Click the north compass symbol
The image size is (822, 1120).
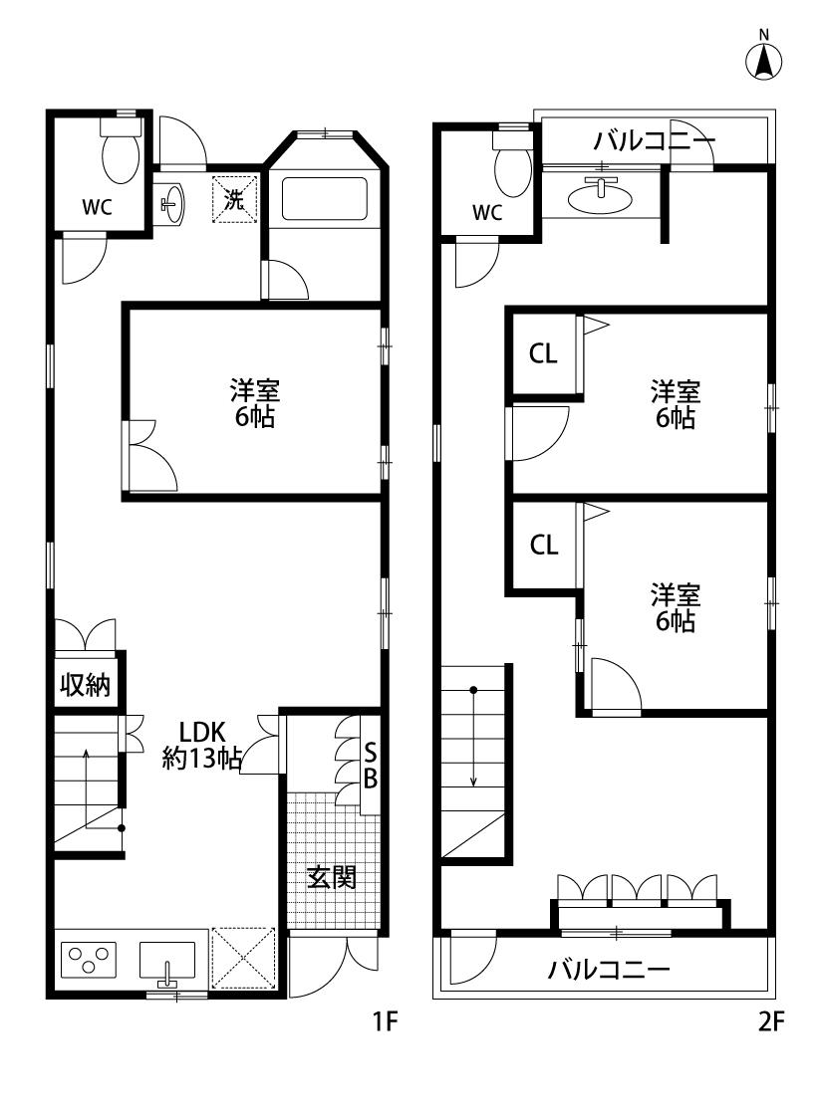pyautogui.click(x=763, y=56)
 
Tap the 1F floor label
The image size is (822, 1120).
pyautogui.click(x=384, y=1022)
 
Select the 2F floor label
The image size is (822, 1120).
pyautogui.click(x=770, y=1022)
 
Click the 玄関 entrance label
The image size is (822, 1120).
pyautogui.click(x=332, y=876)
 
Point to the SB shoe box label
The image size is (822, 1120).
pyautogui.click(x=371, y=765)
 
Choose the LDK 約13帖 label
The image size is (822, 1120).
pyautogui.click(x=201, y=745)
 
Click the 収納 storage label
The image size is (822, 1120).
pyautogui.click(x=85, y=685)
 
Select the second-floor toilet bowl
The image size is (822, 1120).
pyautogui.click(x=512, y=165)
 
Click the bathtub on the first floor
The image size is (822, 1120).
pyautogui.click(x=325, y=198)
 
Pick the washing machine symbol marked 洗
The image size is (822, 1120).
pyautogui.click(x=234, y=199)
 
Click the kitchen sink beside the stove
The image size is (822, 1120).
pyautogui.click(x=166, y=962)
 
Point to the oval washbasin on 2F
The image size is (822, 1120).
pyautogui.click(x=600, y=196)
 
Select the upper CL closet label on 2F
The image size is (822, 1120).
pyautogui.click(x=543, y=353)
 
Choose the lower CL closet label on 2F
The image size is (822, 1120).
pyautogui.click(x=544, y=545)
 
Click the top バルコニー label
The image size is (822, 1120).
pyautogui.click(x=654, y=140)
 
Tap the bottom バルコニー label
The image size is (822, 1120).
pyautogui.click(x=609, y=970)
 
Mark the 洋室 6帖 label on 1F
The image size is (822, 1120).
pyautogui.click(x=254, y=403)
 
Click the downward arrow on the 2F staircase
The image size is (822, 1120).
pyautogui.click(x=473, y=737)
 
